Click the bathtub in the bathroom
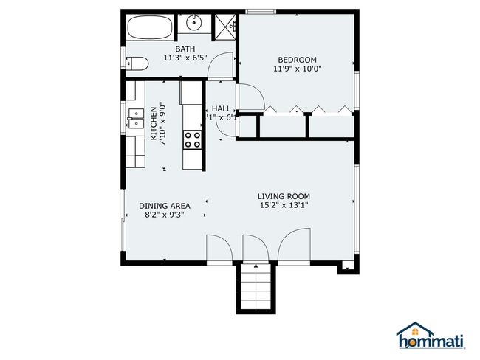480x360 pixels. [151, 28]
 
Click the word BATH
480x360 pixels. [185, 49]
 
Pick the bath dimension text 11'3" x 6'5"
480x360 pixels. [185, 58]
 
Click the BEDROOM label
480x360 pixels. [297, 60]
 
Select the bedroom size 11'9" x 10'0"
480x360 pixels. [297, 69]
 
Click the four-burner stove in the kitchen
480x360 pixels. [193, 139]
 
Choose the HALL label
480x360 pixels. [222, 108]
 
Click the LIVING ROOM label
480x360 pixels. [283, 196]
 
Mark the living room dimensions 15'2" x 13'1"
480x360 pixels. [283, 206]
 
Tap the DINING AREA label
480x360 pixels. [165, 206]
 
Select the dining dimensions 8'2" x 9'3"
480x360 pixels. [165, 215]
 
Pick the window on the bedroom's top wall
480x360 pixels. [261, 11]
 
